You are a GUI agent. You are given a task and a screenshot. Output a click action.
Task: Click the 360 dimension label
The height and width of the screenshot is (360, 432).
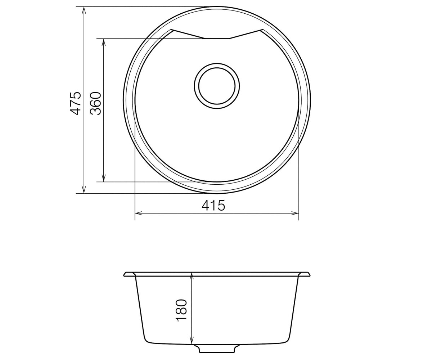tap(96, 103)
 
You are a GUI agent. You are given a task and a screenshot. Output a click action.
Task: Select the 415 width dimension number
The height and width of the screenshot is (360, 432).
tap(213, 206)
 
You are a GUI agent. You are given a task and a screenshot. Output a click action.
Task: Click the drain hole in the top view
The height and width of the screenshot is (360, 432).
tap(217, 86)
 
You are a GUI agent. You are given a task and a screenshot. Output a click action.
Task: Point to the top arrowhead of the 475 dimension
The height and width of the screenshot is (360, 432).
tap(84, 10)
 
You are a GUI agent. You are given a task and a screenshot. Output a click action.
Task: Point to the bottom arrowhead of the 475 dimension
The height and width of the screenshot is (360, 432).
tap(84, 190)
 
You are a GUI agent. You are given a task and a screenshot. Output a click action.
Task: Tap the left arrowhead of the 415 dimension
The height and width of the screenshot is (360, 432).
tap(139, 213)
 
